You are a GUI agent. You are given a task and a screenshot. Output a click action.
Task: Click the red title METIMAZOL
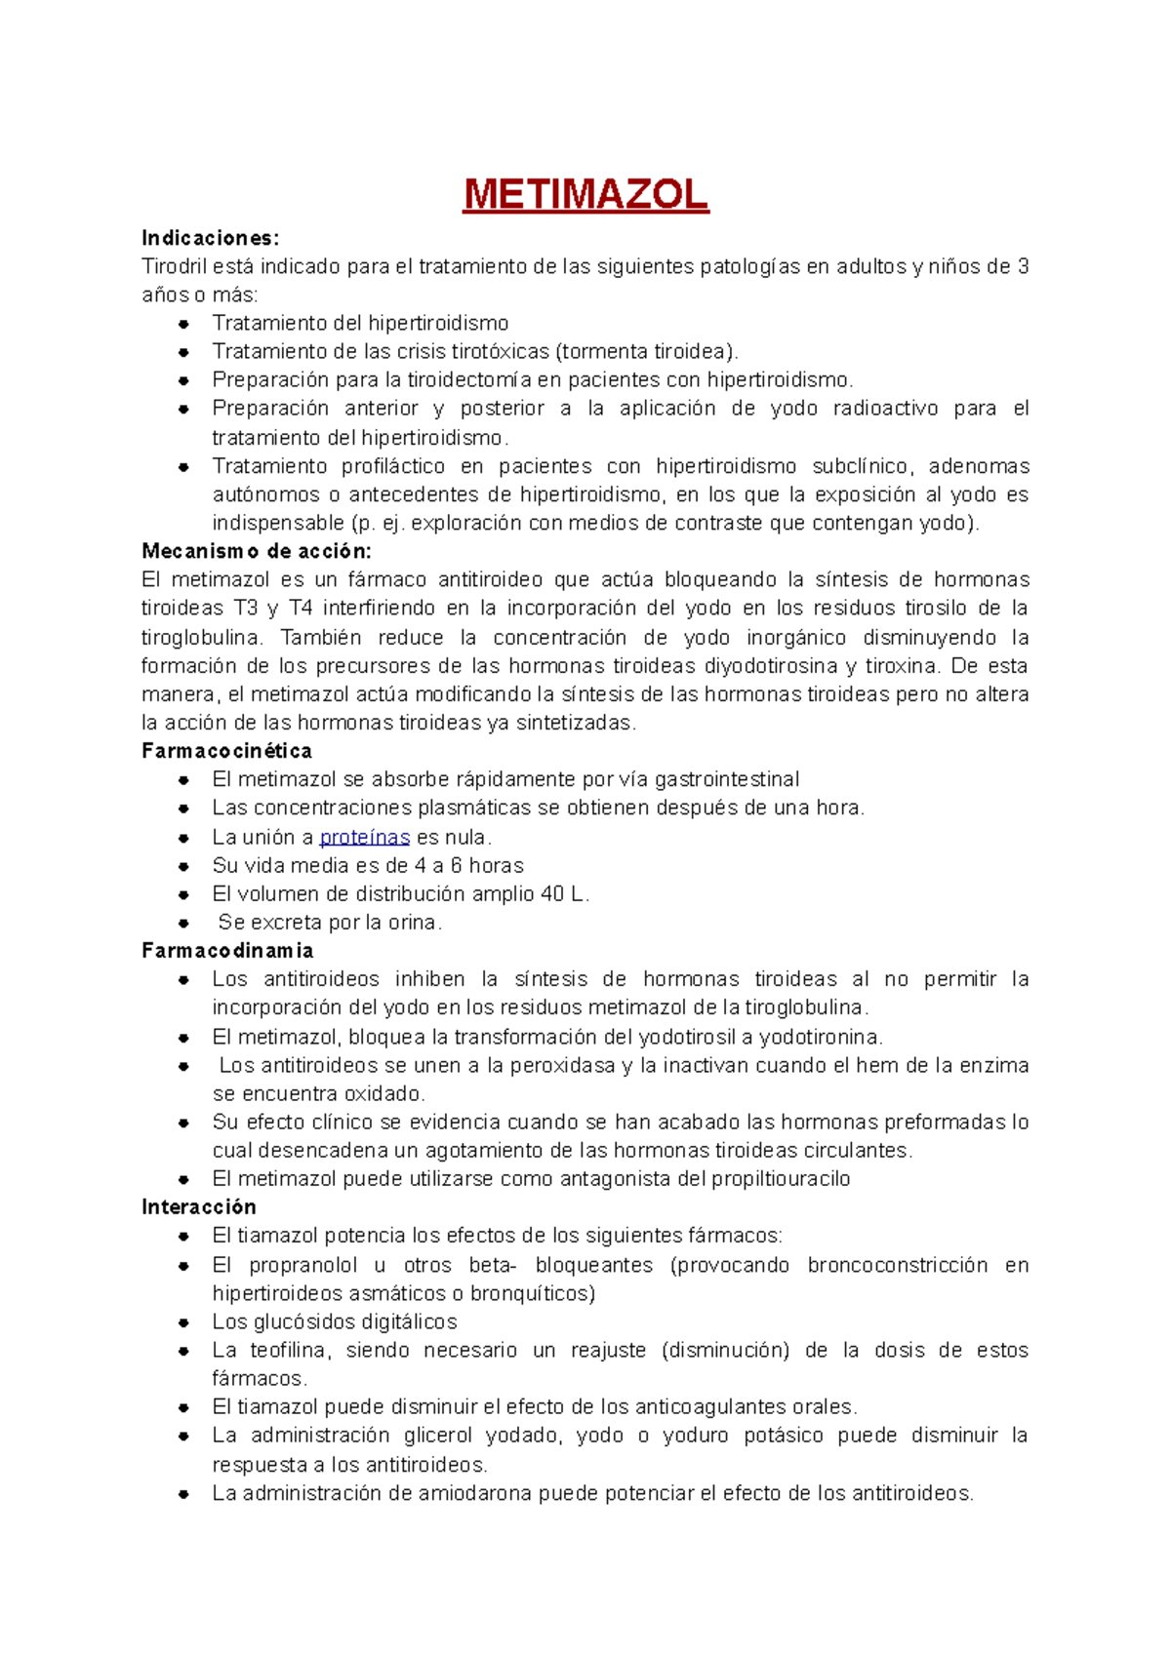585,195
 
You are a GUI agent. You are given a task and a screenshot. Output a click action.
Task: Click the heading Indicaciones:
210,238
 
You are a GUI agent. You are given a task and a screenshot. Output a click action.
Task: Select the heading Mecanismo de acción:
256,551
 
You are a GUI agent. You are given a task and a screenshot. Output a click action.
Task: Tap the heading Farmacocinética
226,751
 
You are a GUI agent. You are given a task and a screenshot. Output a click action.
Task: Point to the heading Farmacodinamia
227,950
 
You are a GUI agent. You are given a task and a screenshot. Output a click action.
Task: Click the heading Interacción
198,1207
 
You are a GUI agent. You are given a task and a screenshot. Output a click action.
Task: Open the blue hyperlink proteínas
364,837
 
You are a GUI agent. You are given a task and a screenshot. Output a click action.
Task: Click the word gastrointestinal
727,779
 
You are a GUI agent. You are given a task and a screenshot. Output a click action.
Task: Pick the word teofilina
290,1350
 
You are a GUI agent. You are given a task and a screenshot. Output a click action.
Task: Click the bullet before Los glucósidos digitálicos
183,1322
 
